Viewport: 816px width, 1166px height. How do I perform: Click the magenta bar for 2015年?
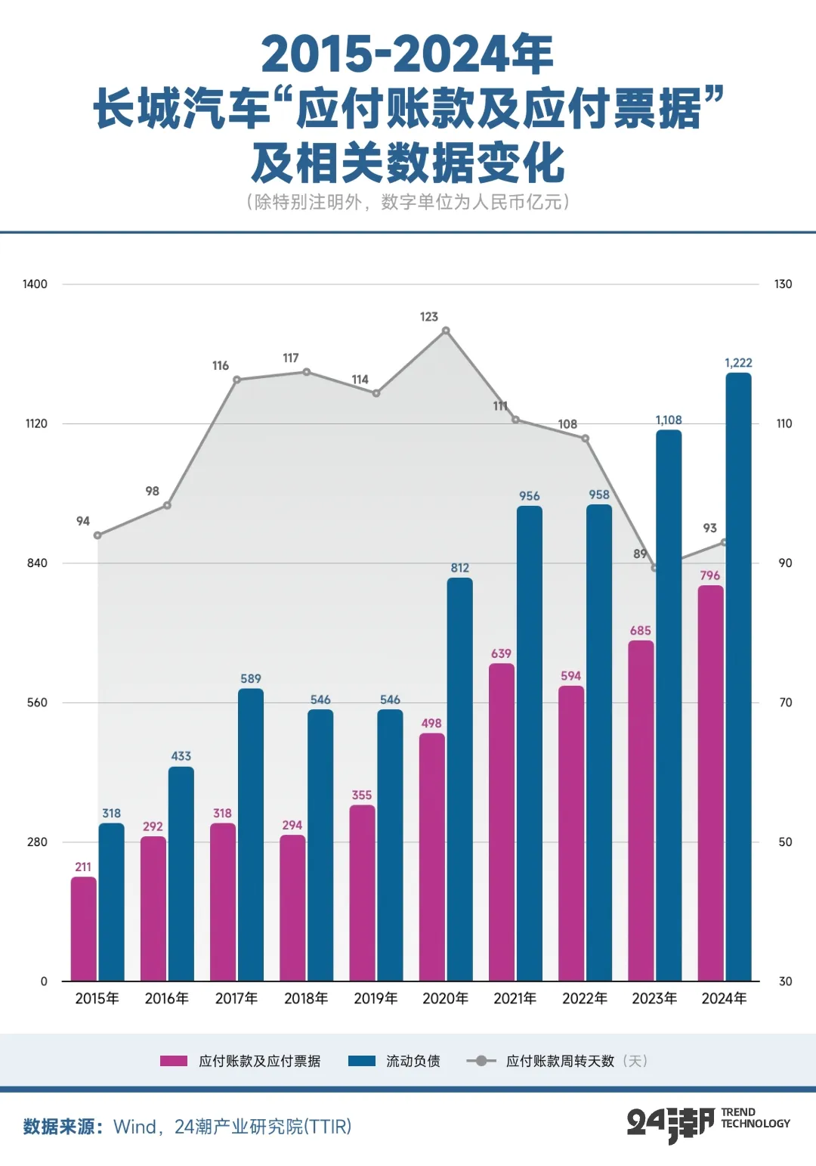tap(84, 929)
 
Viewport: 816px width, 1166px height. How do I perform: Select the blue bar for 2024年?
tap(738, 677)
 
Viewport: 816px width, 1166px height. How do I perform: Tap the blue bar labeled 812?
tap(459, 780)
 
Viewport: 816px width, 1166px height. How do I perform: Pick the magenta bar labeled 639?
tap(502, 822)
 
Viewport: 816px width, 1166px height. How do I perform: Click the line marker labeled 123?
tap(446, 330)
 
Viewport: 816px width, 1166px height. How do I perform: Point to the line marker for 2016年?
tap(167, 505)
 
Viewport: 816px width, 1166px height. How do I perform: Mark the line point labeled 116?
tap(236, 380)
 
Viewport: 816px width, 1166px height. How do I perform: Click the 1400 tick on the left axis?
tap(35, 284)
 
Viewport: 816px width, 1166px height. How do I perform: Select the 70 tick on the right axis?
tap(785, 702)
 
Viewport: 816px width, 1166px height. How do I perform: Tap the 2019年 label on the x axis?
tap(376, 998)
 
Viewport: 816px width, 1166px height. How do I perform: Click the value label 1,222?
tap(738, 363)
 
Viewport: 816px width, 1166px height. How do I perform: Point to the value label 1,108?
tap(669, 420)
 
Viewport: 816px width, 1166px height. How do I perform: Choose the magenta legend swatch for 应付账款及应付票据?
tap(174, 1061)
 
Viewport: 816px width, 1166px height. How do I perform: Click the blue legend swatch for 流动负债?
tap(362, 1061)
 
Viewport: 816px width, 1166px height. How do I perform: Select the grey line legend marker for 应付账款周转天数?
tap(481, 1061)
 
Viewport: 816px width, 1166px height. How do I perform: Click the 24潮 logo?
tap(671, 1125)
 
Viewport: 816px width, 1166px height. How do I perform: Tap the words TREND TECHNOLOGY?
tap(755, 1118)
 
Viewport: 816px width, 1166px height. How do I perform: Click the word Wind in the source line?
tap(135, 1127)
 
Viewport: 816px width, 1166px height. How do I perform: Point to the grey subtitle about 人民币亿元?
tap(408, 201)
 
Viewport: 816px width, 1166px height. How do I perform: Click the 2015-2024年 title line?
tap(407, 54)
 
